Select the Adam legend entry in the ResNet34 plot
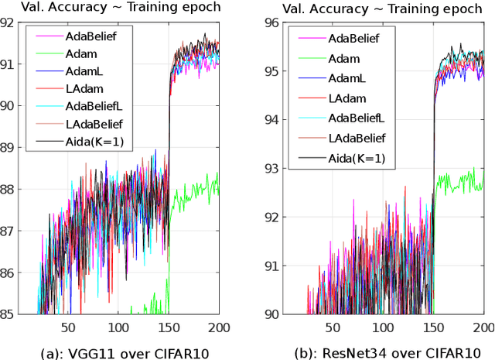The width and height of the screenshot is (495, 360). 344,58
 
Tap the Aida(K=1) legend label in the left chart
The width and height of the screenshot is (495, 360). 90,141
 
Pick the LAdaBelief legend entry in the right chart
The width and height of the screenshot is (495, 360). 357,139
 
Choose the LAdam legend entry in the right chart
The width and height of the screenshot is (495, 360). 346,98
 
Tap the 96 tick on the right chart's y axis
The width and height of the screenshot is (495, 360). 272,22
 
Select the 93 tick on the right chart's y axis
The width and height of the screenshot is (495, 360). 272,169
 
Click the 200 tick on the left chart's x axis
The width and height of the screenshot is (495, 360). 219,327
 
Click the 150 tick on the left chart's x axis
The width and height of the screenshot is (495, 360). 169,327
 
